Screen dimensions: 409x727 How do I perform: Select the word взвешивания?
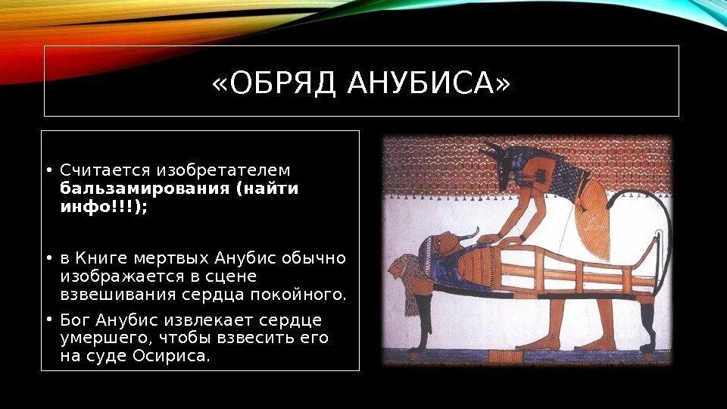[x=118, y=295]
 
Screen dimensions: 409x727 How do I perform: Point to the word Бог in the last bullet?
[x=76, y=320]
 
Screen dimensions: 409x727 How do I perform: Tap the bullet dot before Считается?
[x=48, y=170]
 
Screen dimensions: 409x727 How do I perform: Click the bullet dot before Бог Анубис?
[x=48, y=320]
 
